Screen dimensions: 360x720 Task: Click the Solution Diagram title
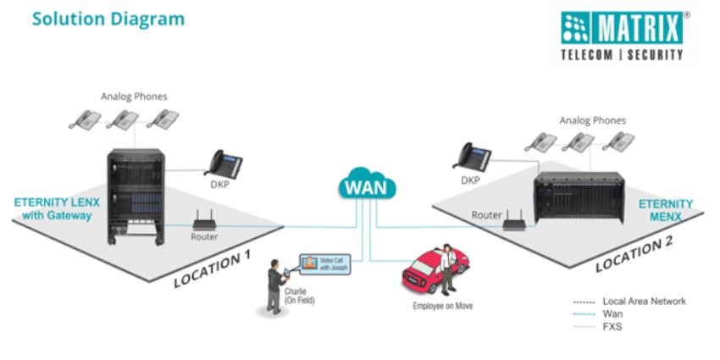pos(108,18)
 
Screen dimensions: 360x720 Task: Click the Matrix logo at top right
pos(622,36)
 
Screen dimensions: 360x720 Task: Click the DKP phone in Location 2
pos(472,156)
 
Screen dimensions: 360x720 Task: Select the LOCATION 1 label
pos(213,269)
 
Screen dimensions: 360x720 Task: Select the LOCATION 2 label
pos(634,254)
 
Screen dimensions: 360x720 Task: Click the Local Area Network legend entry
pos(644,301)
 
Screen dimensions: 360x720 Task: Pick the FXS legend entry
pos(612,326)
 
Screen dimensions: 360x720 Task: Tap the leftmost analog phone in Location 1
pos(85,119)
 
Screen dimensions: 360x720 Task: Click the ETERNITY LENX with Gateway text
pos(53,209)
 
